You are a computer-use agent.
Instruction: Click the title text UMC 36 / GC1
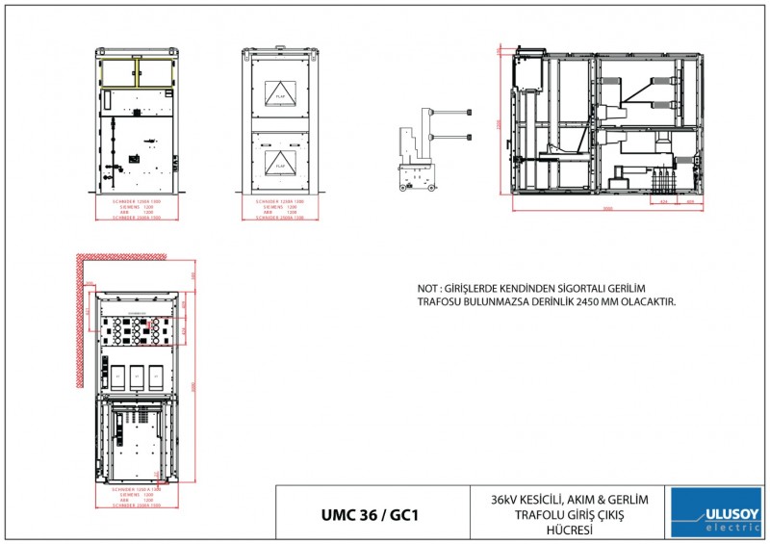pyautogui.click(x=371, y=514)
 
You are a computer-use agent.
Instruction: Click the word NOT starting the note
pyautogui.click(x=426, y=288)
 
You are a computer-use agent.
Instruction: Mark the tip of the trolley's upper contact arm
pyautogui.click(x=469, y=113)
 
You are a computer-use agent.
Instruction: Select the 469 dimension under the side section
pyautogui.click(x=690, y=202)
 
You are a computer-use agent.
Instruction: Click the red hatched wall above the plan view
pyautogui.click(x=120, y=257)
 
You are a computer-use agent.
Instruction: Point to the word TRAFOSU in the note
pyautogui.click(x=441, y=301)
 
